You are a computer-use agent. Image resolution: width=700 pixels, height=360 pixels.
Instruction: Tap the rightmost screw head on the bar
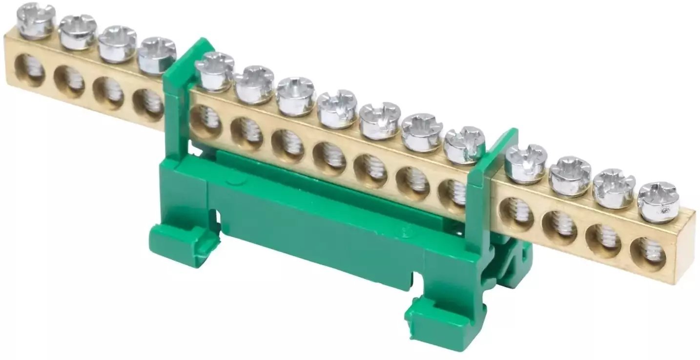tap(658, 202)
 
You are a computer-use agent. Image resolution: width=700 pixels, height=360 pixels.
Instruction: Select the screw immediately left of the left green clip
tap(157, 55)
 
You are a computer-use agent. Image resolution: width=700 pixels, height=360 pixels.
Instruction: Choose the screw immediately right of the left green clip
tap(215, 71)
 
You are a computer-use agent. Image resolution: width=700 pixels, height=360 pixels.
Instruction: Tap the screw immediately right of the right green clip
tap(526, 163)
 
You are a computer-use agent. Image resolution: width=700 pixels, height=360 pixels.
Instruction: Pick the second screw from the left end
tap(78, 32)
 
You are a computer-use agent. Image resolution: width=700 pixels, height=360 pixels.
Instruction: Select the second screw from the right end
tap(614, 188)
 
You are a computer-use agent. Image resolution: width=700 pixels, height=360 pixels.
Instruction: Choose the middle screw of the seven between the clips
tap(337, 108)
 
